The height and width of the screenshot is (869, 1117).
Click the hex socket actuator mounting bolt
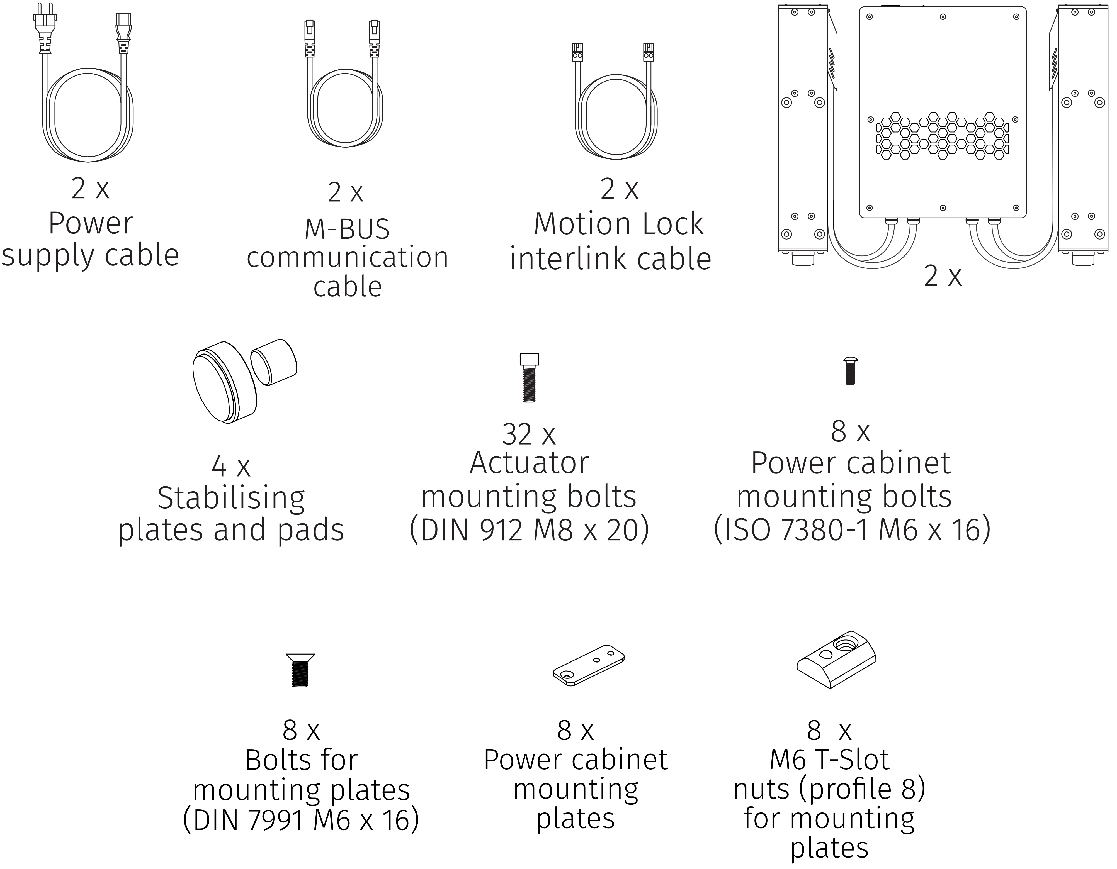529,378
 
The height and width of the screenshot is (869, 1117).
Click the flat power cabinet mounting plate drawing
589,665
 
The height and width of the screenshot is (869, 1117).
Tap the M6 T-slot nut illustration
836,660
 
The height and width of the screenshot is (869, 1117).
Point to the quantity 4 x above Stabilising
231,467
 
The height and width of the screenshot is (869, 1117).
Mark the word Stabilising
231,498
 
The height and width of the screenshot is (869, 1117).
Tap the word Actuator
529,463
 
